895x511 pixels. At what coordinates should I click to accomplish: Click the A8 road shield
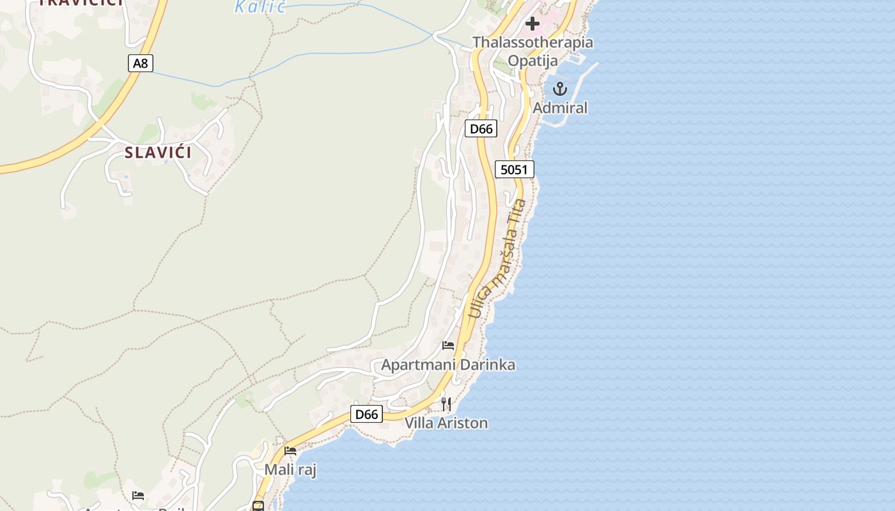click(x=141, y=63)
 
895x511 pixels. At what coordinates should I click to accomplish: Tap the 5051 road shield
click(x=514, y=169)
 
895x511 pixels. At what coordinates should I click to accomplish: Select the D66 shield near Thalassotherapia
click(x=481, y=129)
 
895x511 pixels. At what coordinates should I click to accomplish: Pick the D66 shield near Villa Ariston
click(x=366, y=414)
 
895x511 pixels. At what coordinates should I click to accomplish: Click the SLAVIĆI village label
click(x=158, y=153)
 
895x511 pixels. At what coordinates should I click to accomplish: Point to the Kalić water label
click(x=260, y=7)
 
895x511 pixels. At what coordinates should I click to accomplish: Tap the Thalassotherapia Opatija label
click(x=533, y=51)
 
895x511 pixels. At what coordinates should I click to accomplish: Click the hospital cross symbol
click(x=532, y=24)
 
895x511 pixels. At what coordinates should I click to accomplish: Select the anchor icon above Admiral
click(x=560, y=89)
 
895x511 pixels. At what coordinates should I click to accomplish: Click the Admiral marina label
click(x=560, y=108)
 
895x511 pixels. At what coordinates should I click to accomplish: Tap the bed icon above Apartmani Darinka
click(x=448, y=346)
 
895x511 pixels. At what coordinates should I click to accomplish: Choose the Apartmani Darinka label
click(x=448, y=365)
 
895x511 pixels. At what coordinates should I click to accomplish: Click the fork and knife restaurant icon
click(x=446, y=404)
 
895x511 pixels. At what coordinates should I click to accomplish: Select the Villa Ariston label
click(x=446, y=423)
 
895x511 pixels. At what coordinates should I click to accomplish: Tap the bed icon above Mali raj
click(x=290, y=451)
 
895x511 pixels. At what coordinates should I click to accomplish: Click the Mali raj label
click(x=290, y=470)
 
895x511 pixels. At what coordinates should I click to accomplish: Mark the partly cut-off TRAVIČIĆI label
click(x=81, y=3)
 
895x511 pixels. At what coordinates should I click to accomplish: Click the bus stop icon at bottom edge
click(x=258, y=506)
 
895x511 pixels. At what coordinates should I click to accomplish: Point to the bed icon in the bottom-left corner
click(x=138, y=496)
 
